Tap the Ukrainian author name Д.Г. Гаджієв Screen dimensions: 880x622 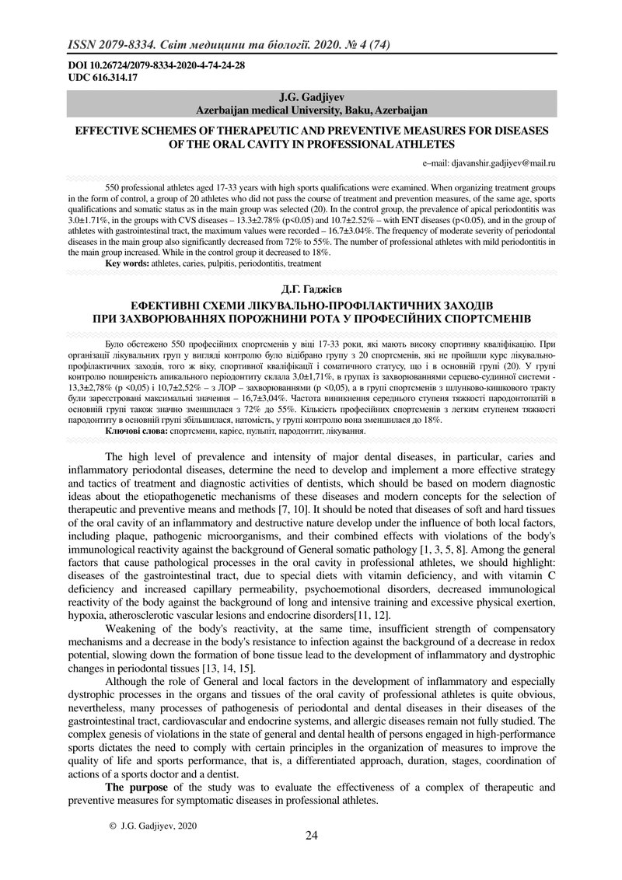[x=310, y=291]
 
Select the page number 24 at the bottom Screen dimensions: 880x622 [x=311, y=836]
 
